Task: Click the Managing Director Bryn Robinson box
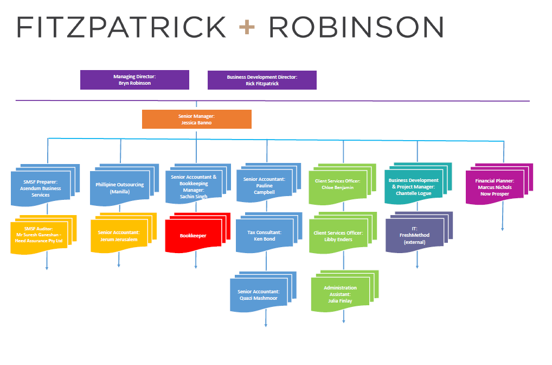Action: [134, 80]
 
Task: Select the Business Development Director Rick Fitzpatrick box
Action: [262, 80]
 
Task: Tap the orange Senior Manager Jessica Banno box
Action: [196, 119]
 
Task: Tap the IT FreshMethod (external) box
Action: [414, 235]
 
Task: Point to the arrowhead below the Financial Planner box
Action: [502, 229]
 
